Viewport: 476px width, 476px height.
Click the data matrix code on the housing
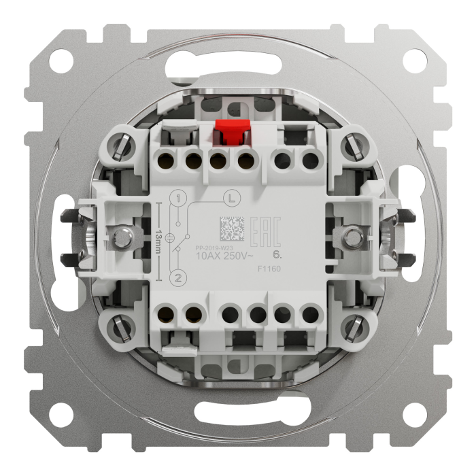click(x=230, y=227)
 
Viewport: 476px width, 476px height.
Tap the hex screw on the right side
click(x=352, y=237)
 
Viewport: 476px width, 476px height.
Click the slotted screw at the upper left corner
click(x=122, y=146)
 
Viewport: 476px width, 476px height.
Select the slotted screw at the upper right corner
click(x=352, y=146)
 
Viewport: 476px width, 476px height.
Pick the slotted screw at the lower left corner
click(x=122, y=330)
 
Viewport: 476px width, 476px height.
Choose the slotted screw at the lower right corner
click(x=352, y=330)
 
